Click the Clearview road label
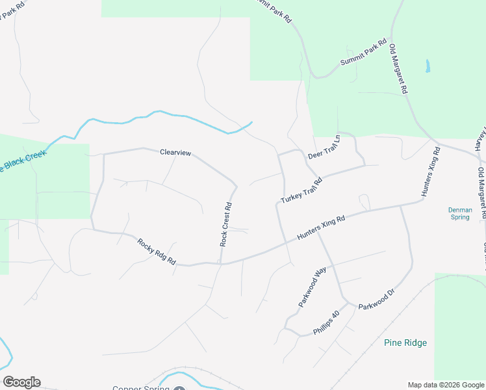175,153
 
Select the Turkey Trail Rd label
301,190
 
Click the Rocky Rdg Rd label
157,252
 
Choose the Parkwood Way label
312,285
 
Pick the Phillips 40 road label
326,323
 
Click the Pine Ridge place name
405,343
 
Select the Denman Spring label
459,213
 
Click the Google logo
21,382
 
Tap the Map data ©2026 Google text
446,385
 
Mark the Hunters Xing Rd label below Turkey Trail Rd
321,229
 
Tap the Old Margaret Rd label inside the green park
398,68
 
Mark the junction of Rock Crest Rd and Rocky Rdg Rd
221,263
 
